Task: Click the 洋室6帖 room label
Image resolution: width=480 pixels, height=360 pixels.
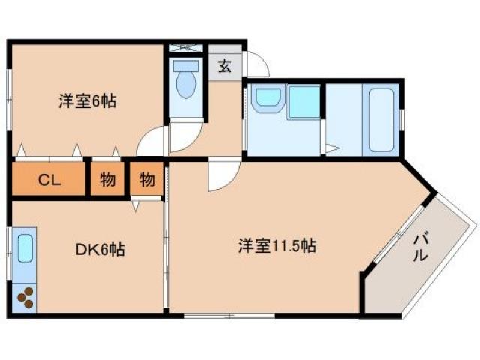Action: tap(88, 100)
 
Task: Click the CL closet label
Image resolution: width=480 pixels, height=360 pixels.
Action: tap(49, 180)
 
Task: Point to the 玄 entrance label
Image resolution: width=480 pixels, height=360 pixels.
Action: tap(225, 66)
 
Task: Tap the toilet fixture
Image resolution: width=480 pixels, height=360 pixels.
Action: tap(184, 82)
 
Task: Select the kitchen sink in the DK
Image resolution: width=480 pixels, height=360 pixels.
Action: tap(25, 247)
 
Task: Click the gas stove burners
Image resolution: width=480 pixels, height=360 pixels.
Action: tap(25, 298)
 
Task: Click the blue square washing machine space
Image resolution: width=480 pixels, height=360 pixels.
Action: tap(304, 102)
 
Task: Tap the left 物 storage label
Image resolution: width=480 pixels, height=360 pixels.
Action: tap(108, 180)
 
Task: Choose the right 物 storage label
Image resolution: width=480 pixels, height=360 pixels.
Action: tap(147, 180)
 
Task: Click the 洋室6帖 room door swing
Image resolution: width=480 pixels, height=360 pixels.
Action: tap(153, 141)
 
